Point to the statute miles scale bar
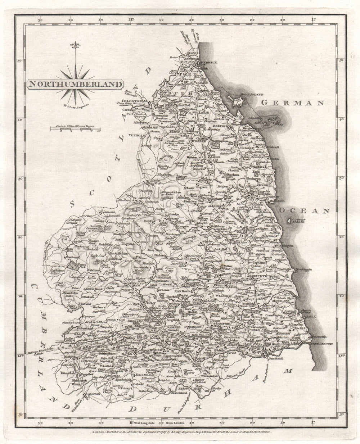click(x=75, y=127)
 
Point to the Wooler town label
click(x=202, y=141)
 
